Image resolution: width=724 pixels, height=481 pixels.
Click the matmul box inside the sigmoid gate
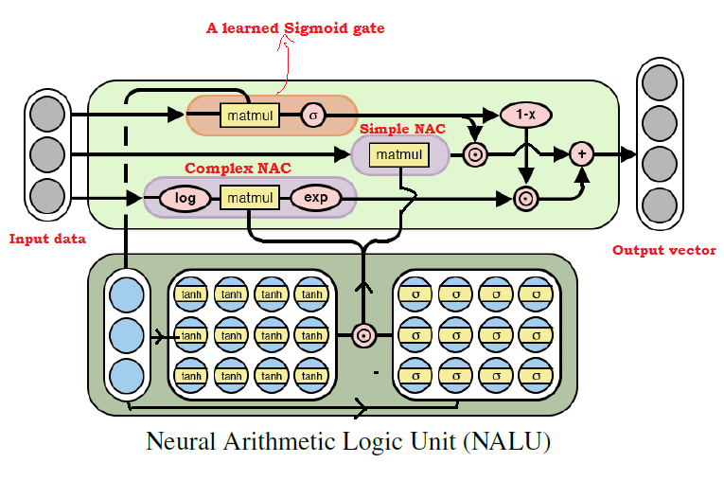pos(248,116)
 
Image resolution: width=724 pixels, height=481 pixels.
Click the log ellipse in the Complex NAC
pos(185,199)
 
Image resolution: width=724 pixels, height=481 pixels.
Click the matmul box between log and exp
pos(249,199)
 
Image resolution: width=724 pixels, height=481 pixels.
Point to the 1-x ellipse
pos(525,115)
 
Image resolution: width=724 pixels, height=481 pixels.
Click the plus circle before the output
pos(581,153)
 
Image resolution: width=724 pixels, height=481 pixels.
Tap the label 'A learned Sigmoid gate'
pos(295,28)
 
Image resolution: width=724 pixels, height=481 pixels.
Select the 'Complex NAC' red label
pos(238,169)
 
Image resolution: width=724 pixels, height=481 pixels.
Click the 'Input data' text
pos(47,239)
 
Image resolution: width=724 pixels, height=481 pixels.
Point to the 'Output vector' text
pos(659,250)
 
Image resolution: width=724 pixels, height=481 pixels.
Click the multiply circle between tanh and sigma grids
pos(362,335)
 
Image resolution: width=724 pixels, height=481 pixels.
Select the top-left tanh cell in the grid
pos(191,294)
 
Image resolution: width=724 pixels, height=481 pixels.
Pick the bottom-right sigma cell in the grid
pos(536,376)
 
